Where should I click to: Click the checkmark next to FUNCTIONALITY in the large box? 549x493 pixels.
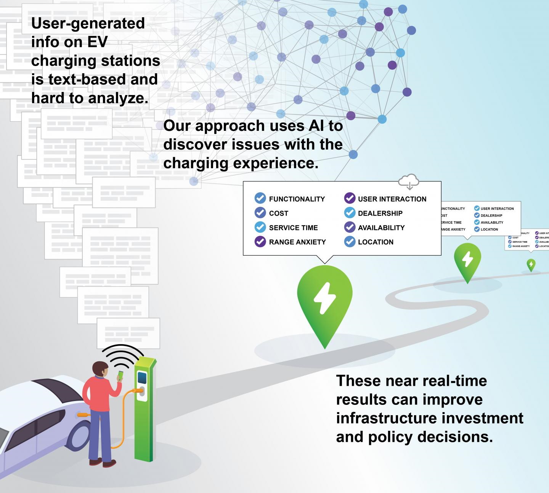pos(260,198)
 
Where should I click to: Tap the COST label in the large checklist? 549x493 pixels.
pos(278,213)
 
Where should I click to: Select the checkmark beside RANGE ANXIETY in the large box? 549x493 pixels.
pos(260,242)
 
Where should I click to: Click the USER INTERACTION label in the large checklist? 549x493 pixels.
pos(392,199)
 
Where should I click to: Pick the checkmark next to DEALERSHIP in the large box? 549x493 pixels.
pos(350,213)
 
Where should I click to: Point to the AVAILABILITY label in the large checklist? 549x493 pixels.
pos(381,228)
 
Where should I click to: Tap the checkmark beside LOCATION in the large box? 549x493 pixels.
pos(350,242)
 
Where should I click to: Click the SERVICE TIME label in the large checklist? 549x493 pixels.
pos(293,228)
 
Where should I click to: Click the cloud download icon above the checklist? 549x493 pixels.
pos(409,181)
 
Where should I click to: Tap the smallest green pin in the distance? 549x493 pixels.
pos(531,264)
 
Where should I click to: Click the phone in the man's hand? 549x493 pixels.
pos(120,375)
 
